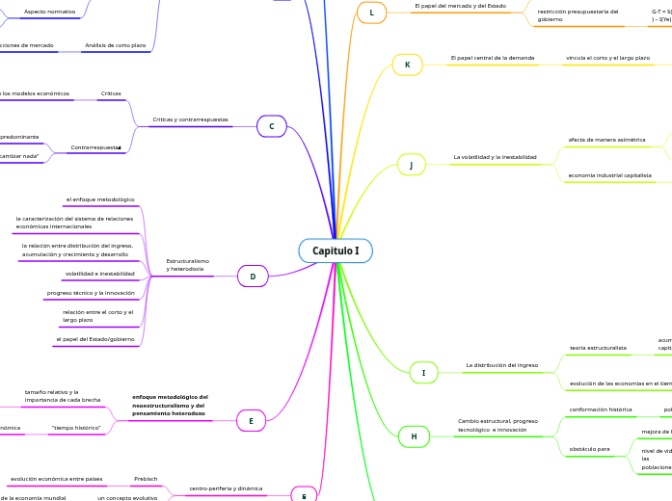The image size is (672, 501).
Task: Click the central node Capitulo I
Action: [x=336, y=250]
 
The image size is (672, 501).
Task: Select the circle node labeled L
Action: [x=371, y=13]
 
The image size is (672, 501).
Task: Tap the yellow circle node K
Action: [x=407, y=65]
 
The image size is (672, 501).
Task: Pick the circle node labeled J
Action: [x=411, y=165]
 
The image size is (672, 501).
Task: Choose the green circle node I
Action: [x=423, y=372]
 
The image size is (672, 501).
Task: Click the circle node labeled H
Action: [x=414, y=436]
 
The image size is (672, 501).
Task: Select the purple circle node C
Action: [x=272, y=126]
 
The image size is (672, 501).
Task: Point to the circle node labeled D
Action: [x=253, y=277]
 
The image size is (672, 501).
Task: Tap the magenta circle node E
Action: [x=251, y=420]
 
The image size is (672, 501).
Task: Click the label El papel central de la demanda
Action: [x=492, y=58]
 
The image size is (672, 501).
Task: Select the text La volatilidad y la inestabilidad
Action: [x=495, y=156]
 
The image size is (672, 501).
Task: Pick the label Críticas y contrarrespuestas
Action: [x=190, y=120]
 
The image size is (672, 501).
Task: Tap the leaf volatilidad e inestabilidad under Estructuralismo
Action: [x=100, y=274]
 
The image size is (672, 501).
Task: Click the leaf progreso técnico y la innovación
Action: [x=91, y=293]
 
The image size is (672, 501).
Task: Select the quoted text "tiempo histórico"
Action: [x=75, y=427]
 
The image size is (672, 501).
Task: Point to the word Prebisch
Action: [x=146, y=478]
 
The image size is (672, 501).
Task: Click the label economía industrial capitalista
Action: [x=609, y=175]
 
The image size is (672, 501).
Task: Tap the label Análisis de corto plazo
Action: [x=116, y=45]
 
